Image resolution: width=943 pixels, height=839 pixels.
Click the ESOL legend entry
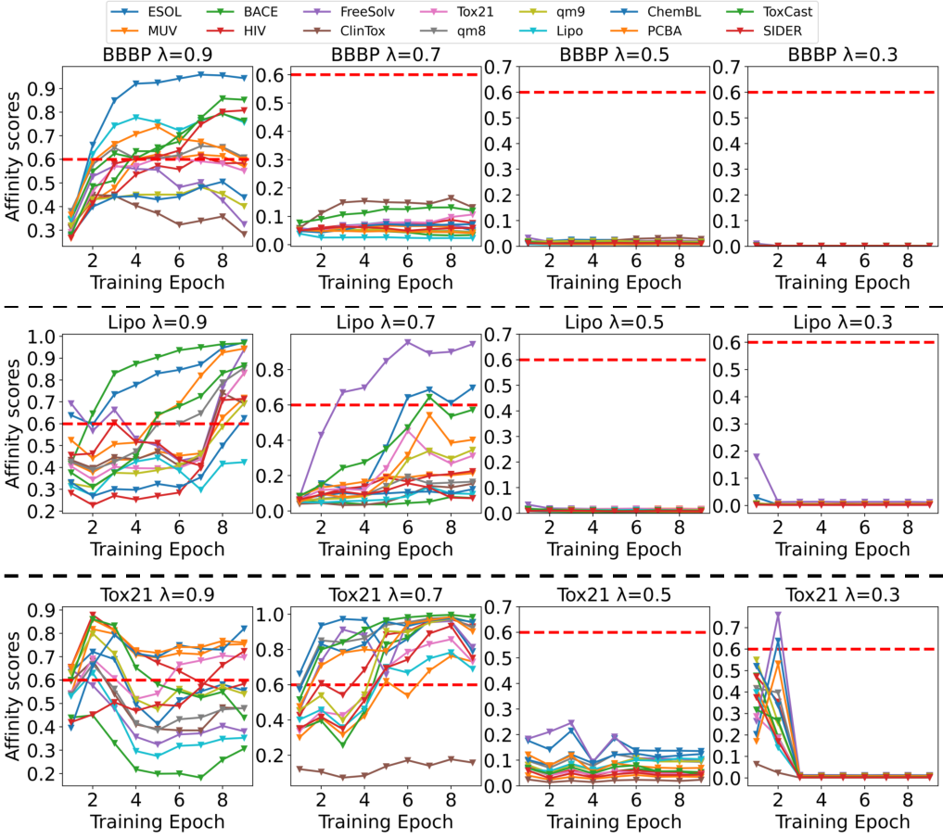(x=148, y=11)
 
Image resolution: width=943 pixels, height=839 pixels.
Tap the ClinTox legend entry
(x=345, y=31)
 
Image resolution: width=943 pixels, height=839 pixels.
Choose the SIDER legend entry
(x=764, y=31)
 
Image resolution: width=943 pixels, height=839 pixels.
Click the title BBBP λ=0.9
(x=158, y=55)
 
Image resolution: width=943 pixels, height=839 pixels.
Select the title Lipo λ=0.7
(x=386, y=323)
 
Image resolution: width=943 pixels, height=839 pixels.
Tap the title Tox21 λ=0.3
(x=843, y=595)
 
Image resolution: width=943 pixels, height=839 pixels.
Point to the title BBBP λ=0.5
(x=614, y=55)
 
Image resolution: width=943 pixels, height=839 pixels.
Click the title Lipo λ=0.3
(x=843, y=323)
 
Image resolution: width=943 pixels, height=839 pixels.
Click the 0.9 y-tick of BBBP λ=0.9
(x=42, y=89)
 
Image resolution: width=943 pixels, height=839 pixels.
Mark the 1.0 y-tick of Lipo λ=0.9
(x=42, y=337)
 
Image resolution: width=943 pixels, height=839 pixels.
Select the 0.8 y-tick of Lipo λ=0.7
(x=270, y=370)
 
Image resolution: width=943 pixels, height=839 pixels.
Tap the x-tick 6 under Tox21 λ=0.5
(x=636, y=799)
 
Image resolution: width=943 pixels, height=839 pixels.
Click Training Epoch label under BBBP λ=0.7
(x=386, y=282)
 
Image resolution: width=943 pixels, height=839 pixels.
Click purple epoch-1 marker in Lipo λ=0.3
(x=757, y=456)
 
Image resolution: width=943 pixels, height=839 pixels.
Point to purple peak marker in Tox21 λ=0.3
(x=778, y=615)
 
